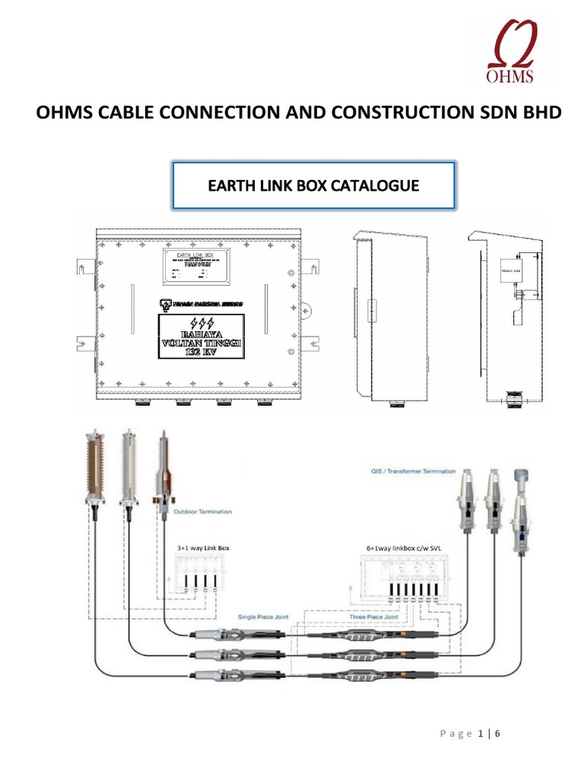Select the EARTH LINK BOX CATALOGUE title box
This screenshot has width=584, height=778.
click(314, 185)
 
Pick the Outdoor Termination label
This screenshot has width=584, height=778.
click(203, 511)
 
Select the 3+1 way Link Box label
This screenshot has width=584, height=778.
click(191, 546)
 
